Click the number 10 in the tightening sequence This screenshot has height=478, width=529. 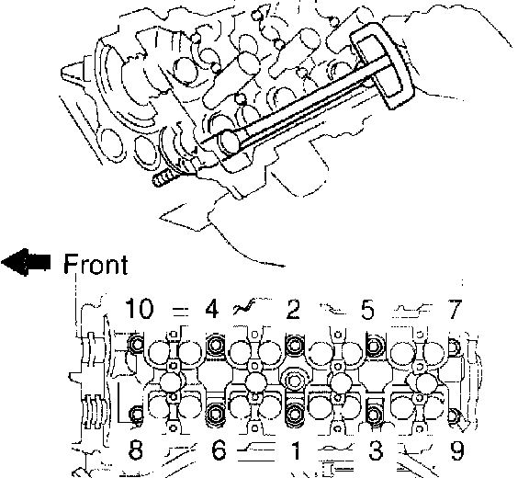(139, 309)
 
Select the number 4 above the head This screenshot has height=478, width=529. (212, 309)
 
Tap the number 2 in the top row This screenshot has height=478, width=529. (292, 309)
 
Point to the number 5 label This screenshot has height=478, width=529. (367, 309)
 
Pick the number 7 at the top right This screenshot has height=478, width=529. (455, 309)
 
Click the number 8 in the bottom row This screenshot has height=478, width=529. (136, 450)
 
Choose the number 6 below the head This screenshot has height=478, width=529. (219, 450)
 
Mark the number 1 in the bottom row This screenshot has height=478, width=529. (295, 450)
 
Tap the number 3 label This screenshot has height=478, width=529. (376, 450)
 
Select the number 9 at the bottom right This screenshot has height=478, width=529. (457, 450)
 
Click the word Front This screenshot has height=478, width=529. (96, 264)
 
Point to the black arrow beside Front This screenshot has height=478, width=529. (26, 262)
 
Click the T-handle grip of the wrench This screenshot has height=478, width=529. (382, 66)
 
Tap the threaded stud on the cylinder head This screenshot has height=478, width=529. (165, 177)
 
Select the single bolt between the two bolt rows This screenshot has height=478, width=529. (293, 381)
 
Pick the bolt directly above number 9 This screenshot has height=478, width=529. (454, 415)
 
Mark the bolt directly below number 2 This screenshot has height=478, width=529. (295, 346)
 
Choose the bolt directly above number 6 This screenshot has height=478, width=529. (215, 413)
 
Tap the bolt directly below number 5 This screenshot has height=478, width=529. (374, 346)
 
